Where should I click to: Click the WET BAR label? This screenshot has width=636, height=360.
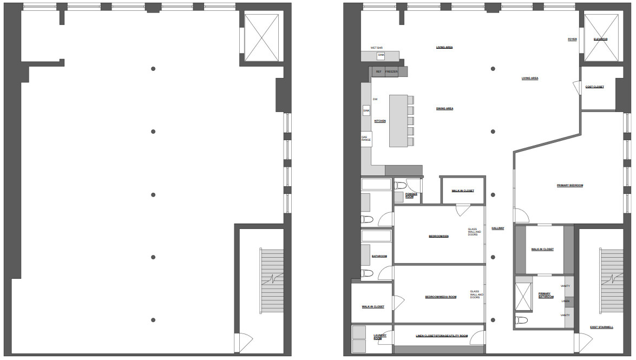coord(376,48)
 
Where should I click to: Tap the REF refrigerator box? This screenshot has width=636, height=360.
coord(378,71)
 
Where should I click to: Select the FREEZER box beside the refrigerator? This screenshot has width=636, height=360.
coord(391,71)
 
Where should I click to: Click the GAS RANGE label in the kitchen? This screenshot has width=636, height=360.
coord(366,139)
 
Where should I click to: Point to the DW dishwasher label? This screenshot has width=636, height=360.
coord(375,99)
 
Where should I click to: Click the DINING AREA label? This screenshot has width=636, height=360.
coord(444,109)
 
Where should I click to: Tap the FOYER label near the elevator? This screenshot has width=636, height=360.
coord(572,40)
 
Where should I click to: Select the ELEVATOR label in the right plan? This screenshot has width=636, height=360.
coord(600,40)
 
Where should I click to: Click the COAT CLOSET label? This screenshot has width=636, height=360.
coord(594,87)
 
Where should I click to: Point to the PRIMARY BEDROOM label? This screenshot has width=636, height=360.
coord(570,186)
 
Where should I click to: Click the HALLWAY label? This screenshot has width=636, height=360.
coord(497,228)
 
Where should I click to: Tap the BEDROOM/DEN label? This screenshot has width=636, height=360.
coord(439,237)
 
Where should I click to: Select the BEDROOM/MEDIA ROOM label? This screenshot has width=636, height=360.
coord(441,297)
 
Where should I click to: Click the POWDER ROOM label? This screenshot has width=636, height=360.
coord(411,195)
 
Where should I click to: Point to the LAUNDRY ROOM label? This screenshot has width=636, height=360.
coord(380,337)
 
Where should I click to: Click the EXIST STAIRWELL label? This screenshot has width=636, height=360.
coord(601,327)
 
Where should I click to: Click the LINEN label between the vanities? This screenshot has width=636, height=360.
coord(566,301)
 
